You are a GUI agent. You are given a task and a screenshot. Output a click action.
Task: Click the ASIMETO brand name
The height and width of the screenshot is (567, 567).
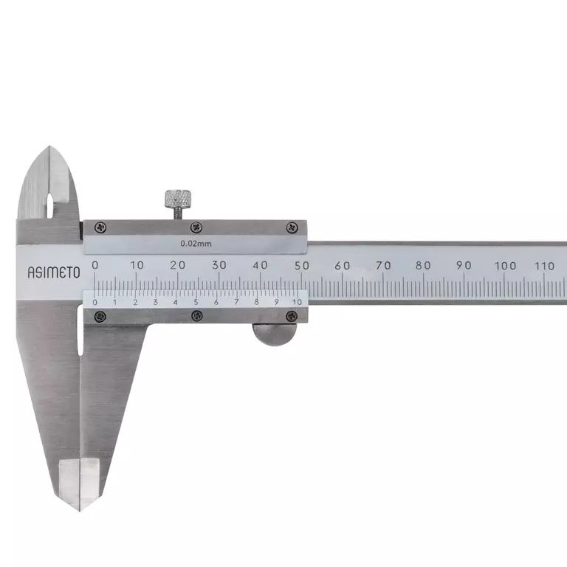[x=54, y=272]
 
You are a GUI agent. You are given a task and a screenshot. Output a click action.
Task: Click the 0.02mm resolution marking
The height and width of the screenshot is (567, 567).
[x=196, y=244]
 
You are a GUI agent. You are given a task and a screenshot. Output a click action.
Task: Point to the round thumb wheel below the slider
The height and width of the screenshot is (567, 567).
[x=275, y=334]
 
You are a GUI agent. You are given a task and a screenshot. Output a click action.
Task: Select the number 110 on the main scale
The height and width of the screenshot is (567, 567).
[x=544, y=266]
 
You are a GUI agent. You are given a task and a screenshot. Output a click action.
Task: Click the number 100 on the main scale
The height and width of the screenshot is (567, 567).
[x=505, y=266]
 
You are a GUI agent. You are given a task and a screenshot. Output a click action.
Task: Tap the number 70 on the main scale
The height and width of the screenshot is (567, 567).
[x=383, y=266]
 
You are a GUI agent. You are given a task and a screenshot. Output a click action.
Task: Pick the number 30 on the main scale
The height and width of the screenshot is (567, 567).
[x=219, y=265]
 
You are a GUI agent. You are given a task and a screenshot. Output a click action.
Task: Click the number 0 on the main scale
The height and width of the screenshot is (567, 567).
[x=94, y=265]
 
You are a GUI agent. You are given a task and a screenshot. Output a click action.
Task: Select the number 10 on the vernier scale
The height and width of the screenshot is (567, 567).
[x=297, y=302]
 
